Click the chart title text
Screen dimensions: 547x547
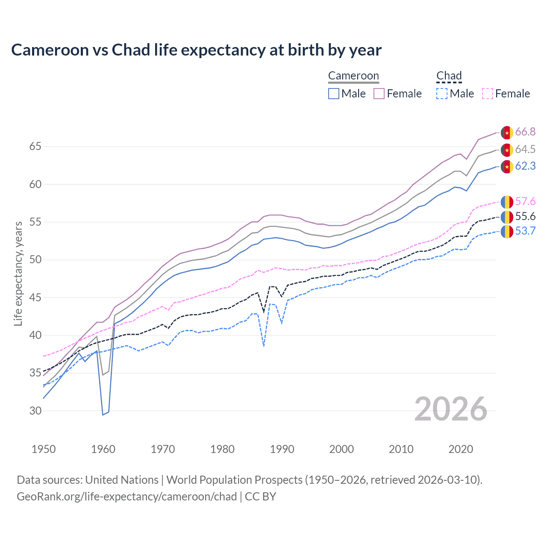click(196, 50)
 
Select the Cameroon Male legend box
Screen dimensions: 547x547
click(334, 94)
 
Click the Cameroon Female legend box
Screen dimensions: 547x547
click(379, 94)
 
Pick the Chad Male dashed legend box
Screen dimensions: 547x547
click(442, 94)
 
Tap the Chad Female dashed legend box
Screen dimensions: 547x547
click(488, 94)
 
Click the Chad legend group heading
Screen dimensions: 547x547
click(449, 76)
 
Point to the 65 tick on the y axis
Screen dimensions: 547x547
click(35, 147)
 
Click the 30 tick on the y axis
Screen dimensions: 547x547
click(35, 411)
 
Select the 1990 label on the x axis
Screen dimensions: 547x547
click(282, 449)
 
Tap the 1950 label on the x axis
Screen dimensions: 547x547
click(44, 449)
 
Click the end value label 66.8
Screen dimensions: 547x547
click(525, 132)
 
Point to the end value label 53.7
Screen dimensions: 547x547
click(525, 231)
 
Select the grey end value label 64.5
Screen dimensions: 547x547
click(525, 149)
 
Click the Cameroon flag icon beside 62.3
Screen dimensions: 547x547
click(507, 166)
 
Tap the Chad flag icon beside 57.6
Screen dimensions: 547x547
click(507, 201)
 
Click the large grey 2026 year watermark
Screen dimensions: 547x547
click(451, 409)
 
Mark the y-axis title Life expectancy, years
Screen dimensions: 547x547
click(18, 273)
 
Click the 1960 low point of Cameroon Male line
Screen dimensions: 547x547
click(103, 415)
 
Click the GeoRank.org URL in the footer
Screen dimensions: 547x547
click(126, 497)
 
